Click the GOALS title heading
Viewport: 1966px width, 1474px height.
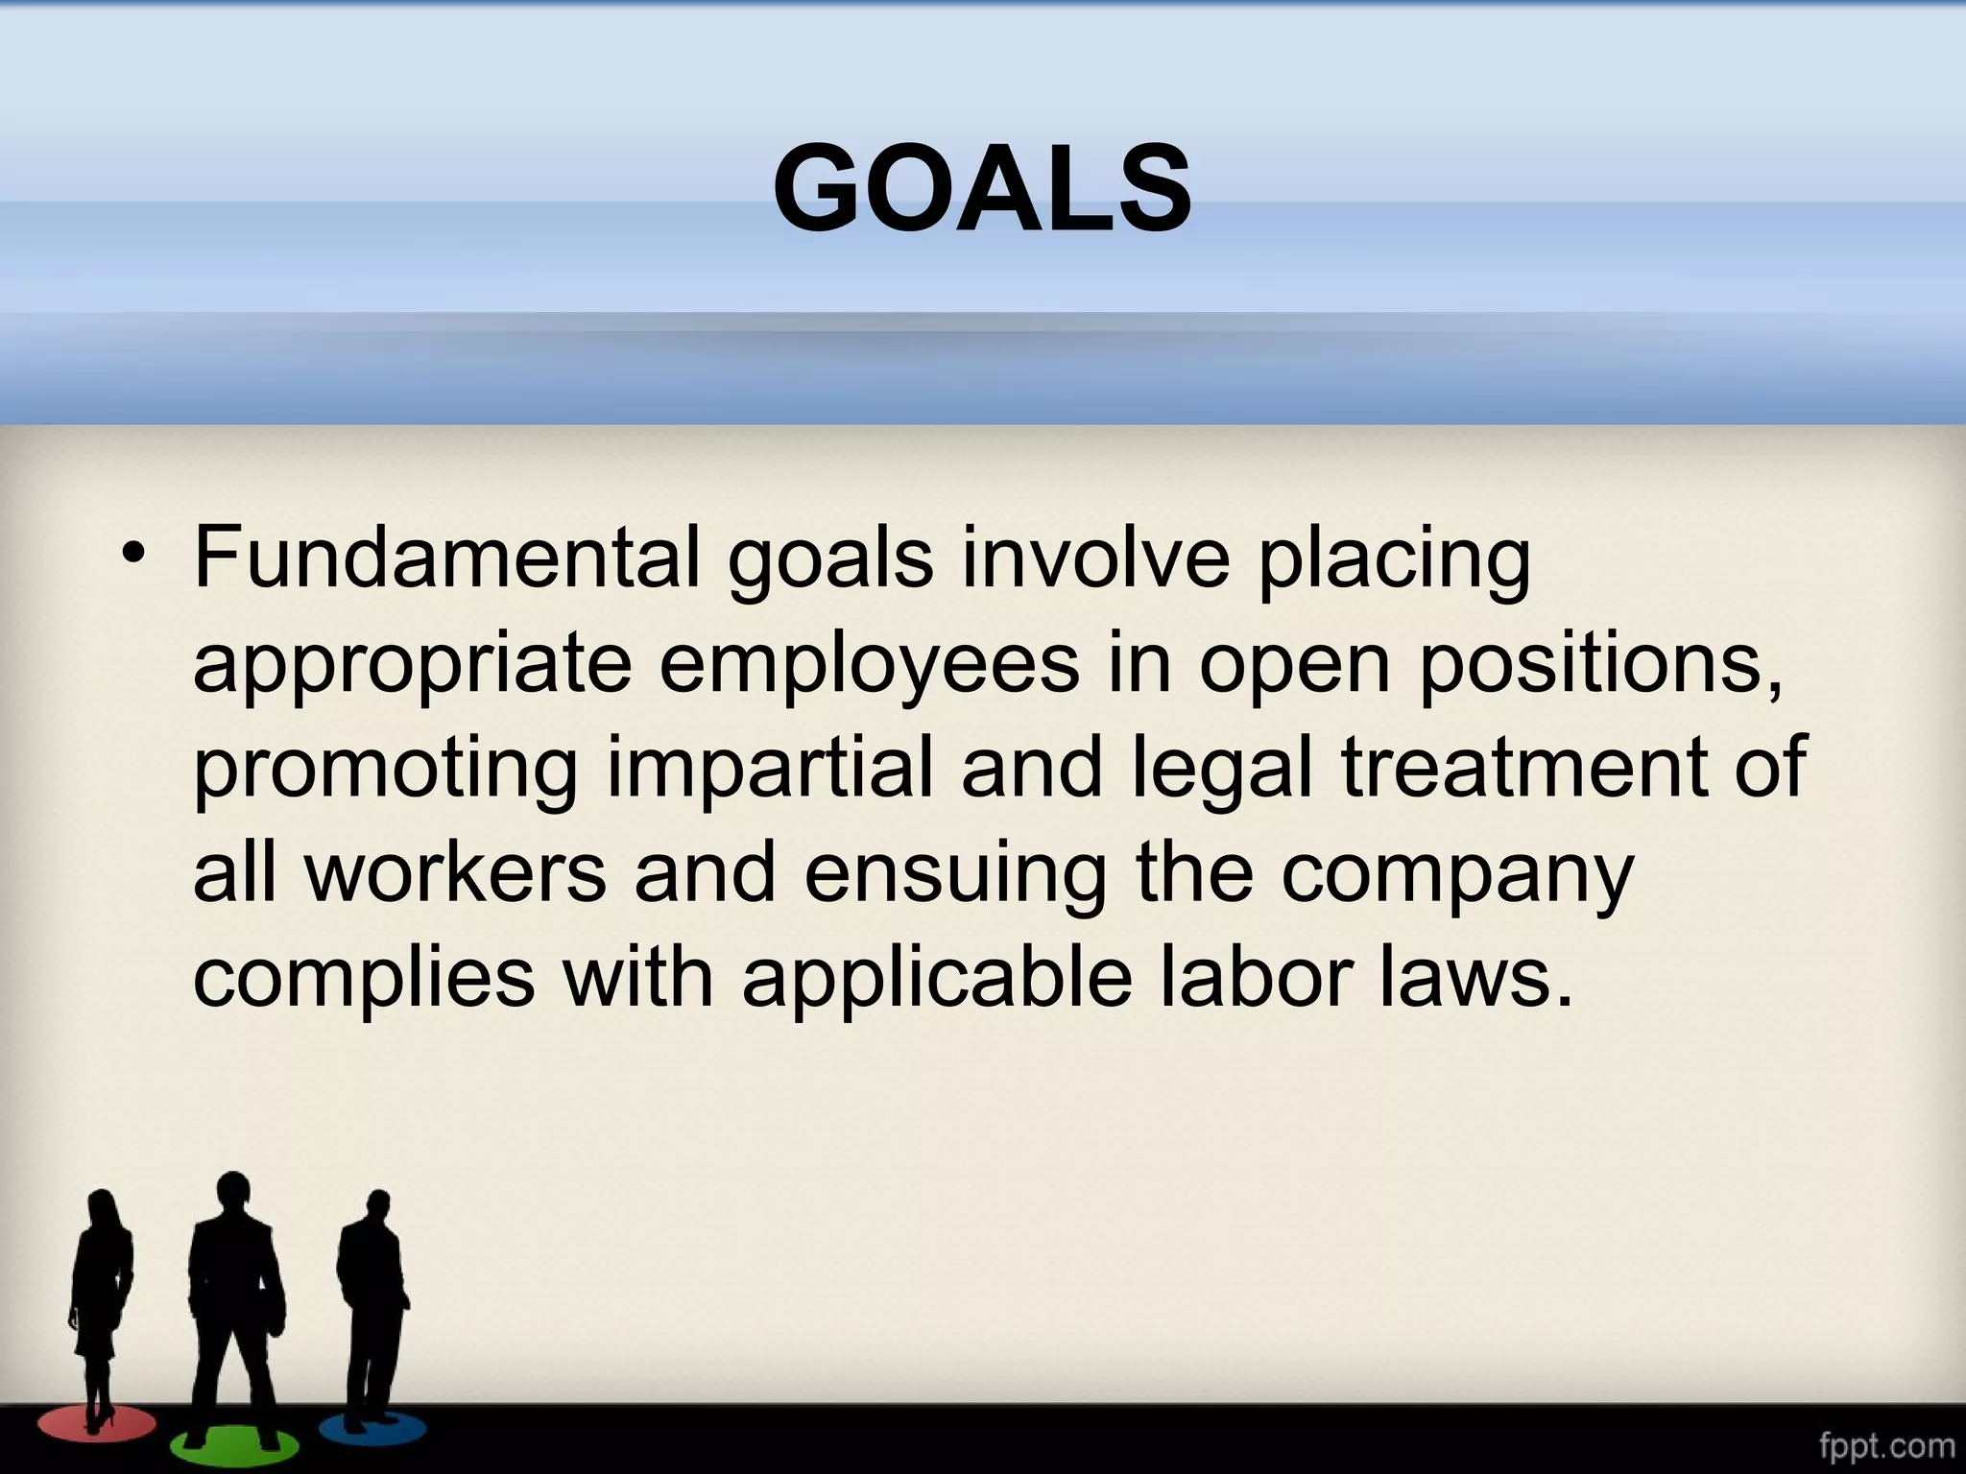pos(982,186)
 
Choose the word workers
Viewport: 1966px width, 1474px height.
pos(456,873)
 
